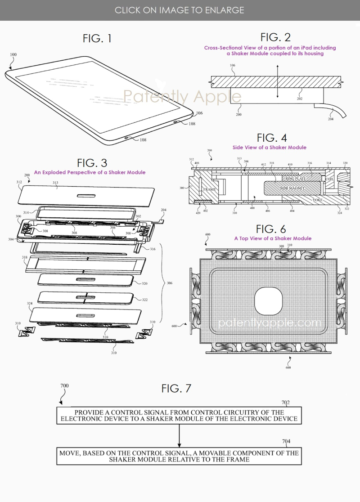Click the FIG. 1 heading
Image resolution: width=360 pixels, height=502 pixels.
pyautogui.click(x=97, y=39)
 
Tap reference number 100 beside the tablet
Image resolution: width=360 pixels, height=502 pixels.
pyautogui.click(x=13, y=54)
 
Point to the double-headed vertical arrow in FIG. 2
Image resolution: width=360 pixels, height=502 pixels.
pyautogui.click(x=278, y=81)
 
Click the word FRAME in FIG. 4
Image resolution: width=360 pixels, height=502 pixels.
pyautogui.click(x=209, y=189)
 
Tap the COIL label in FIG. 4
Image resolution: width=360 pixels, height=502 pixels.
pyautogui.click(x=328, y=178)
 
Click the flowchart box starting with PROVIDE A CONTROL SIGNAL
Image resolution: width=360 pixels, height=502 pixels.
pyautogui.click(x=179, y=415)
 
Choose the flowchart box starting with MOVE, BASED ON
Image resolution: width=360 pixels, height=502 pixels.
pyautogui.click(x=179, y=456)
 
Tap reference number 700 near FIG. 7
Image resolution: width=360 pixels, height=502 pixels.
pyautogui.click(x=64, y=386)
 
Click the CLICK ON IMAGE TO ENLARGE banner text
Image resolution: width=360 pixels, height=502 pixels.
pyautogui.click(x=180, y=10)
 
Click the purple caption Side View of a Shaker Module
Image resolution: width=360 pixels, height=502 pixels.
pyautogui.click(x=270, y=148)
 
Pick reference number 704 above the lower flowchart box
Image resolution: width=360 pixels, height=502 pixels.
pyautogui.click(x=286, y=442)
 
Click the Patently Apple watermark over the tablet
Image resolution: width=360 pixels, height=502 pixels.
pyautogui.click(x=182, y=96)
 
